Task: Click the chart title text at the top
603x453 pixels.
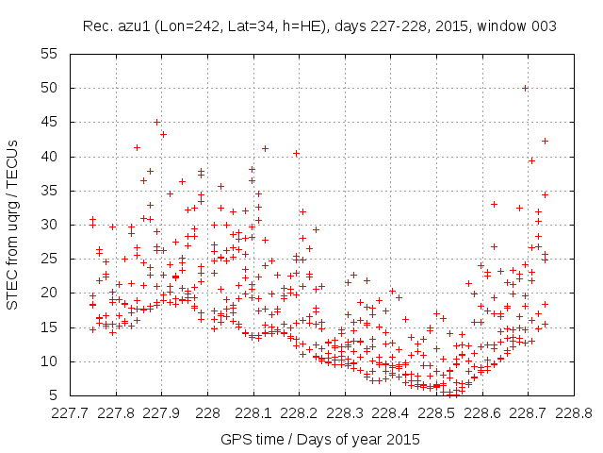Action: (318, 25)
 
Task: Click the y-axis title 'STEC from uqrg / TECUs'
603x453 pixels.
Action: (13, 225)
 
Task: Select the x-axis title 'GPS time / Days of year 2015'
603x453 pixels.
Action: (320, 439)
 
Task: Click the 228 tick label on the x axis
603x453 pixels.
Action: (207, 412)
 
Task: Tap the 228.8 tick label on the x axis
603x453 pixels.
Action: (573, 412)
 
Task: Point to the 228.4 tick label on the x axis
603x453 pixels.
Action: (390, 412)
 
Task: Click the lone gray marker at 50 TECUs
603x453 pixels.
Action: (525, 88)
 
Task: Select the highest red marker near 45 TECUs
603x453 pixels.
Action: (156, 122)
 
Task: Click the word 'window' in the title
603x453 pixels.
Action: (506, 25)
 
